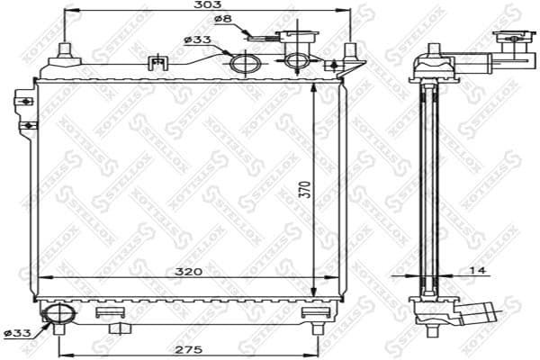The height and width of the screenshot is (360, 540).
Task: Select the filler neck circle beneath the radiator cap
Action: pos(298,61)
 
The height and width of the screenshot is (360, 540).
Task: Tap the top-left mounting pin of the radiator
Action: pos(65,50)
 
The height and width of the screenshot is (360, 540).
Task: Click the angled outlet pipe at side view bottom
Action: pos(474,314)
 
